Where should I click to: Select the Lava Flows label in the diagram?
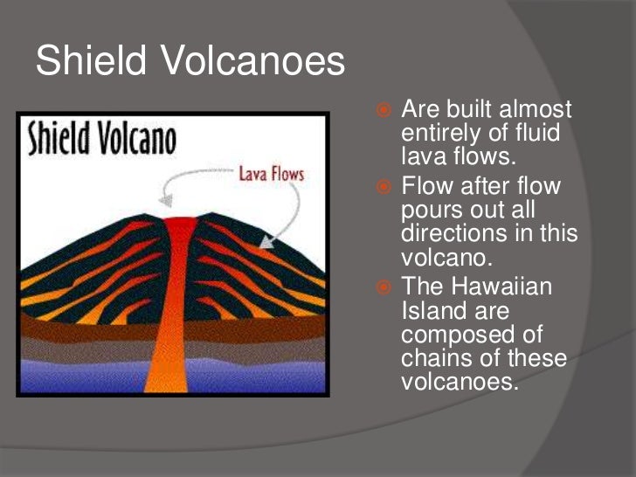(x=272, y=174)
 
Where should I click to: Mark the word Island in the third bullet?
(x=428, y=311)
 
